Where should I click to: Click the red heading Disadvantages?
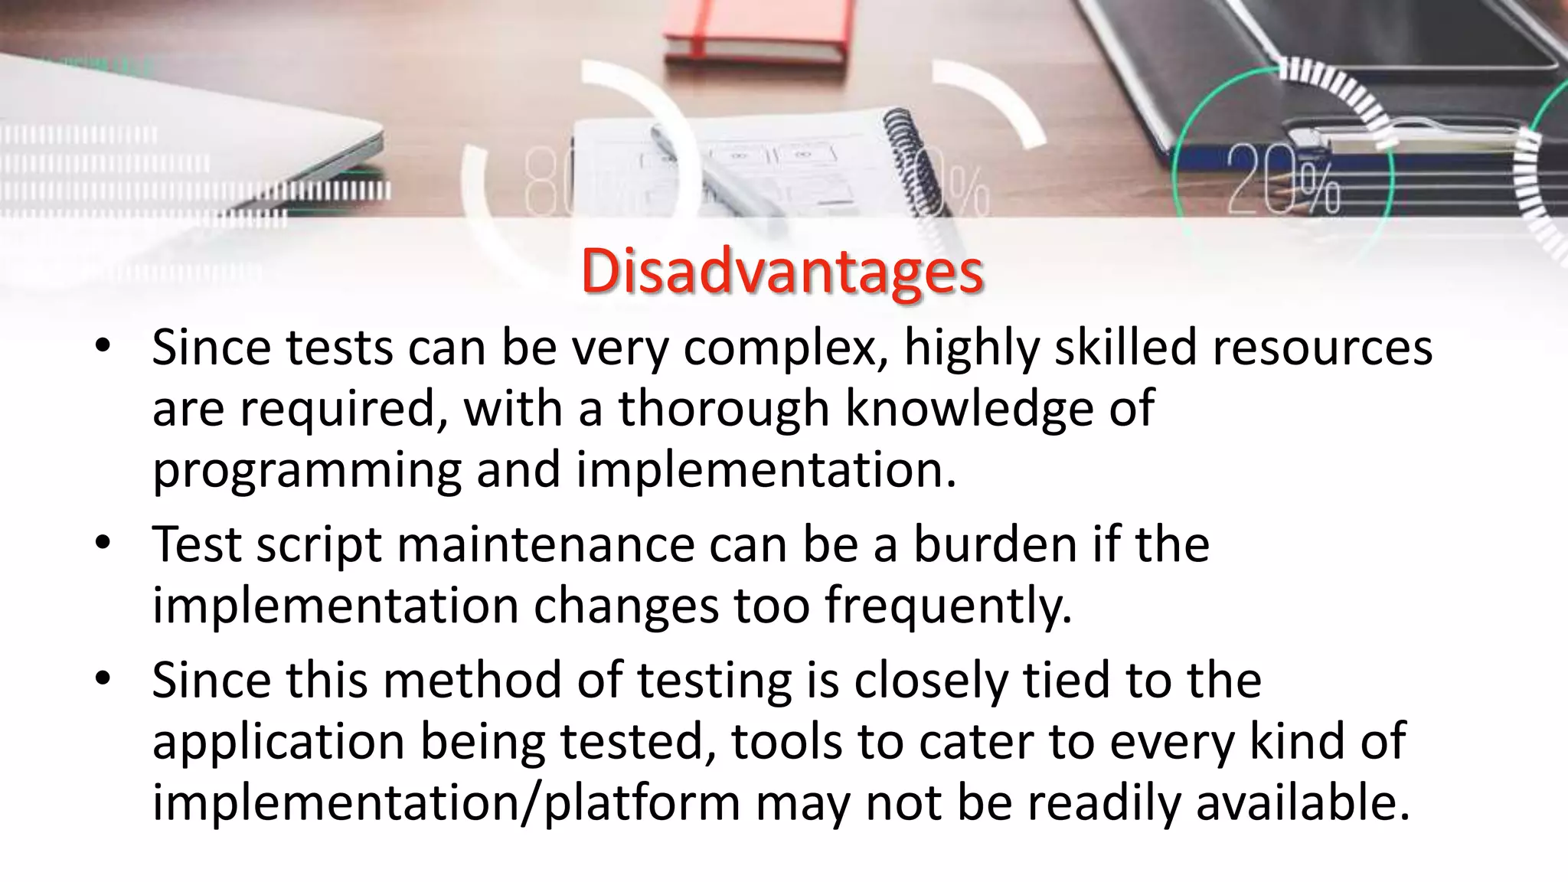tap(782, 272)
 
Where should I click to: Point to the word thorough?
tap(724, 409)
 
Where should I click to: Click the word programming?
tap(306, 472)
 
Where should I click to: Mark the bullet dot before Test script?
tap(103, 544)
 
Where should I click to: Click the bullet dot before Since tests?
tap(103, 348)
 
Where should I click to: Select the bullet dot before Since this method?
tap(103, 680)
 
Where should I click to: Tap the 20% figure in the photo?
tap(1283, 181)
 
